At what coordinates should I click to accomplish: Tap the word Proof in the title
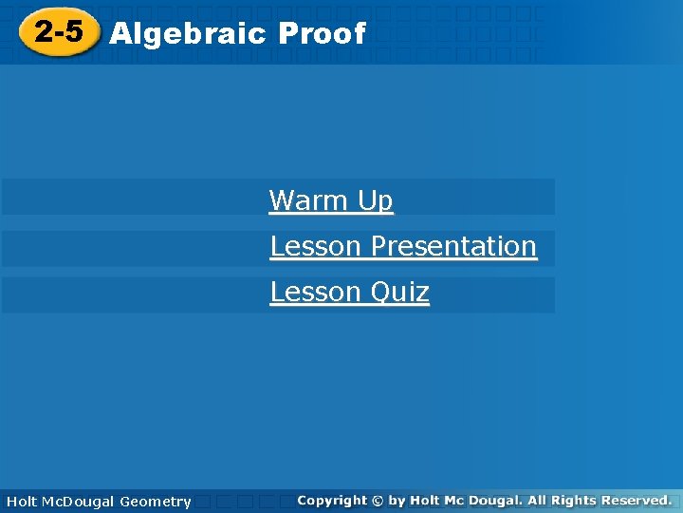click(x=322, y=34)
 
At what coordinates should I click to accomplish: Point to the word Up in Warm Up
click(x=375, y=201)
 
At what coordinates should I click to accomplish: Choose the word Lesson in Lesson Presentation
click(x=317, y=246)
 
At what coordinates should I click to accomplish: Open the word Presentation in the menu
click(x=453, y=246)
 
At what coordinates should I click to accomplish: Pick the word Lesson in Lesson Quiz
click(x=317, y=292)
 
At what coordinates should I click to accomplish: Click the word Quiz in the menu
click(x=399, y=293)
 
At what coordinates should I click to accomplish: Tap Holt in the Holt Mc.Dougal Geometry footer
click(x=21, y=501)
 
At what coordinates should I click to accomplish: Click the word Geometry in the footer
click(x=156, y=502)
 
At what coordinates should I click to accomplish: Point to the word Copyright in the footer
click(x=331, y=500)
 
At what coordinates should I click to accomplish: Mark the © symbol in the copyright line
click(x=378, y=500)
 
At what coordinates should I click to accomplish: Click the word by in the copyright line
click(x=397, y=500)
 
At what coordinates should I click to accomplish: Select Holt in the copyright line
click(x=425, y=500)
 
